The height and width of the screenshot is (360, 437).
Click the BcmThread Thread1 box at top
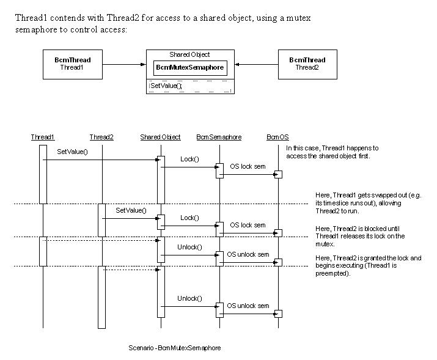point(73,64)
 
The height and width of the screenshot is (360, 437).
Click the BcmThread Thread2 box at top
point(307,64)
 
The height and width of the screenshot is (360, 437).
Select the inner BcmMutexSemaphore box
point(189,67)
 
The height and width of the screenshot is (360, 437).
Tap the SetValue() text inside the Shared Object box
point(166,86)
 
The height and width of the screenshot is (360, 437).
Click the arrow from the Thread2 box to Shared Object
point(256,64)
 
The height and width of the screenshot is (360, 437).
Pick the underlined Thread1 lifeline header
point(43,137)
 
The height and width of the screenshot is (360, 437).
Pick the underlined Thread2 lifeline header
point(101,137)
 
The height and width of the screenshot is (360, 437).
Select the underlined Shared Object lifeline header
point(160,137)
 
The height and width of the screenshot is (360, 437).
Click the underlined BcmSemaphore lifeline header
point(219,137)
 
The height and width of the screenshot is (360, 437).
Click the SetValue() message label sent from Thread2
point(131,210)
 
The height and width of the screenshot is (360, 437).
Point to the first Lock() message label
point(189,159)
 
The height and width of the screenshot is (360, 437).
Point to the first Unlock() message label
point(189,247)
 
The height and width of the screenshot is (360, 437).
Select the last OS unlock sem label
point(248,306)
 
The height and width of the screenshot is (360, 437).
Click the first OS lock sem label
point(248,166)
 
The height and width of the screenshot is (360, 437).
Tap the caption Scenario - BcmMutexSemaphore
point(175,348)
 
